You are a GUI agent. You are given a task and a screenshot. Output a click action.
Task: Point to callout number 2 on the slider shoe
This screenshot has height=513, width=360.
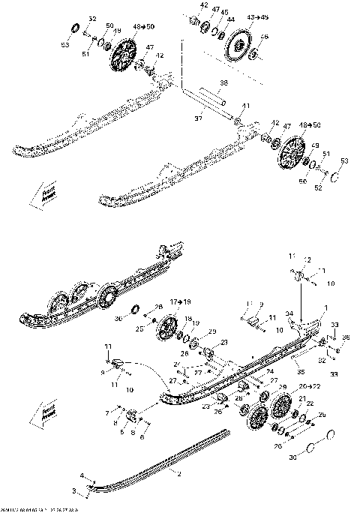tap(179, 473)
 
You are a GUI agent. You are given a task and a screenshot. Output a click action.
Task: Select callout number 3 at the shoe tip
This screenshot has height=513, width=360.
tap(74, 490)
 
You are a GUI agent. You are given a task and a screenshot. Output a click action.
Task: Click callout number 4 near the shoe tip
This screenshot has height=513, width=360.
tap(83, 475)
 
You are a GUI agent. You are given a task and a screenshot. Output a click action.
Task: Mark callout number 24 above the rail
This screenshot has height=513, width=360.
tap(269, 370)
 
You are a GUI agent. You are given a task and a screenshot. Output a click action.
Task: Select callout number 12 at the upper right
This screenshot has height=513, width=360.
tap(307, 259)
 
